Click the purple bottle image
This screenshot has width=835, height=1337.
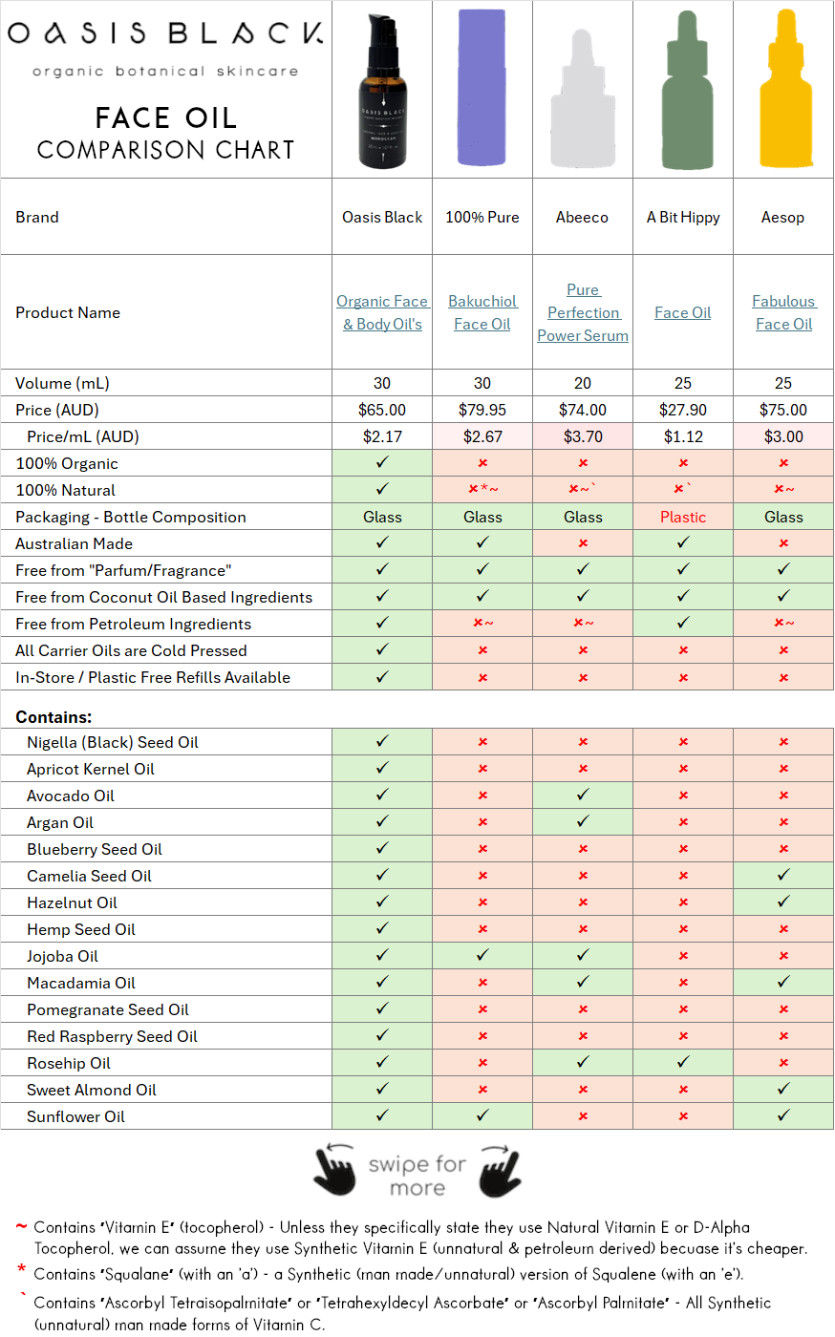pos(482,89)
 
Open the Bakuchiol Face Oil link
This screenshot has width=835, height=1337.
pos(482,312)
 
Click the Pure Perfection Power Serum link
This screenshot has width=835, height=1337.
pos(583,312)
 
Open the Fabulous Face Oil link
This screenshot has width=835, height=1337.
pos(783,312)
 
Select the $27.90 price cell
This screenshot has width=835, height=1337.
pos(683,410)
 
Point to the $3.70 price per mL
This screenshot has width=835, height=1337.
pos(583,436)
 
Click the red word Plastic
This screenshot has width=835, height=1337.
pos(683,517)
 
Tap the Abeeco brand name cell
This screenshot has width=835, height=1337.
pos(582,217)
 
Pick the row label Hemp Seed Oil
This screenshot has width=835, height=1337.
pos(81,929)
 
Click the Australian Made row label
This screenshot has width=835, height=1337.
pos(74,543)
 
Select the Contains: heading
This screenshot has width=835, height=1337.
pos(54,716)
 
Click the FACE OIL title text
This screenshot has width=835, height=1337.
pos(165,118)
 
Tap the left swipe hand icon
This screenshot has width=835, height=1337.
pos(334,1169)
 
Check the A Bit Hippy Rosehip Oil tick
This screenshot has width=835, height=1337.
pos(683,1062)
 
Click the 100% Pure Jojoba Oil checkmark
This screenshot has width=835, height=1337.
pos(482,955)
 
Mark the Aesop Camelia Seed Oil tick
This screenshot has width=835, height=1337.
pos(783,875)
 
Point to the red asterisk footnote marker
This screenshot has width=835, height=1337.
pos(21,1269)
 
